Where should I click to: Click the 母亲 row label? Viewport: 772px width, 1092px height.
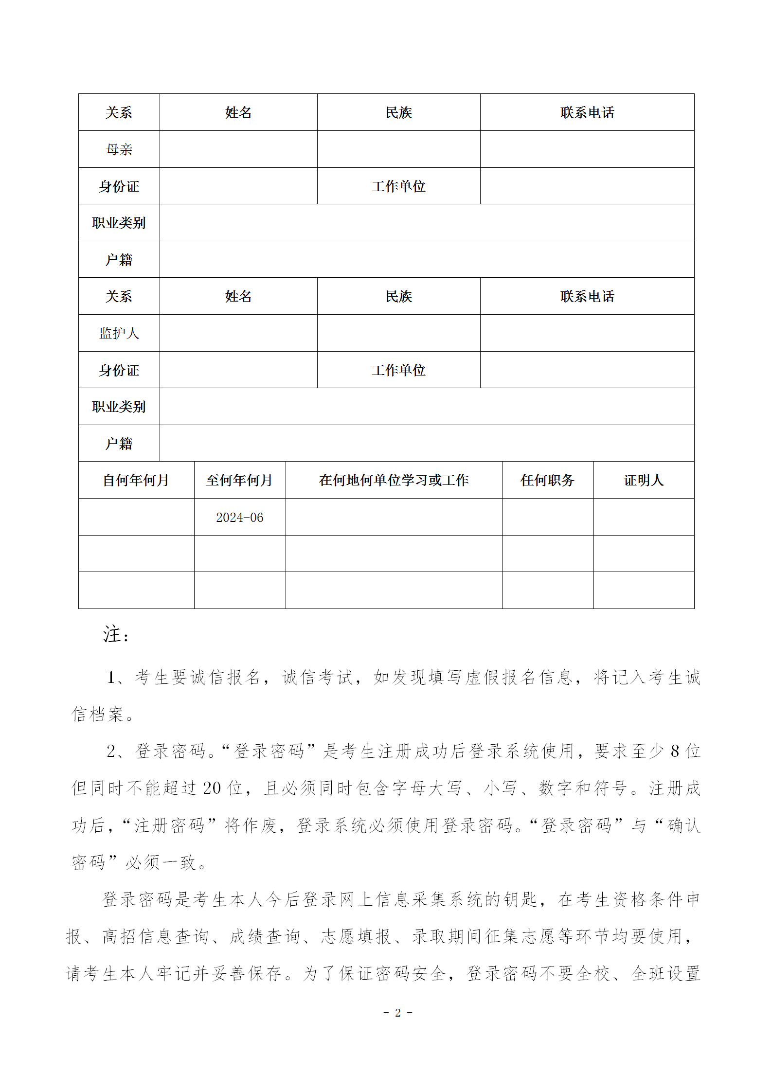tap(119, 149)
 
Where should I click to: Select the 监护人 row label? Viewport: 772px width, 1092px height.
tap(119, 333)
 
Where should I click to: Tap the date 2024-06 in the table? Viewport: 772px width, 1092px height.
tap(239, 518)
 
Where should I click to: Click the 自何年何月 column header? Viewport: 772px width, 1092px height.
tap(136, 481)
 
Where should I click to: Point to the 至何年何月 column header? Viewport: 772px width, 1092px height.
tap(239, 481)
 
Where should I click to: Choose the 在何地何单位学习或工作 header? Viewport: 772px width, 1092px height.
tap(394, 481)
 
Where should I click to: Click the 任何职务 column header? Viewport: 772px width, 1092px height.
tap(547, 481)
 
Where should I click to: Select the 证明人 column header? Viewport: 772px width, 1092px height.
tap(644, 481)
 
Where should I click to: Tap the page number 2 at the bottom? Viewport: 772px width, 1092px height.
tap(398, 1013)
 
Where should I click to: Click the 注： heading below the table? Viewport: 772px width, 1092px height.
tap(116, 635)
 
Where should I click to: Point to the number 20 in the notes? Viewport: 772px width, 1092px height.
tap(212, 788)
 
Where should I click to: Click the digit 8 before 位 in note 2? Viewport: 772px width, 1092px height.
tap(675, 752)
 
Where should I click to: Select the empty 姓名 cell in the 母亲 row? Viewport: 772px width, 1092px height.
tap(238, 149)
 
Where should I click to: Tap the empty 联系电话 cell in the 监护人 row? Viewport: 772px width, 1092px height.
tap(587, 333)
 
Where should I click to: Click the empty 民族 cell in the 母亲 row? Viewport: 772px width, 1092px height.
tap(398, 149)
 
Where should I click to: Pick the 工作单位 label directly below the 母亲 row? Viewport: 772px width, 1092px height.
tap(398, 186)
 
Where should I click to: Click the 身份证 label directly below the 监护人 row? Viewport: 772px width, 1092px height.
tap(119, 370)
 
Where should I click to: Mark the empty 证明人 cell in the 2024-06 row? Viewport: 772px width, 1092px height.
tap(644, 517)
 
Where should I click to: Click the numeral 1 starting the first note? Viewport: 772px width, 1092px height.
tap(111, 678)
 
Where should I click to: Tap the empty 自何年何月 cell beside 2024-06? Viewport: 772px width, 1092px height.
tap(136, 517)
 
